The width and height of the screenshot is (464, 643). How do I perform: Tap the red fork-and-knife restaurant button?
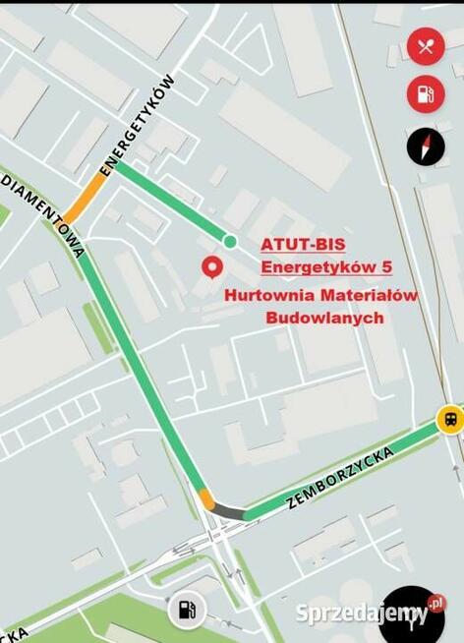click(x=426, y=46)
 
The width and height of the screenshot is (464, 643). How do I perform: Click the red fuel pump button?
click(x=426, y=94)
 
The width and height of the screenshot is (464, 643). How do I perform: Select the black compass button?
click(x=426, y=146)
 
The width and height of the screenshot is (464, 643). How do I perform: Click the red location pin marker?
click(x=210, y=266)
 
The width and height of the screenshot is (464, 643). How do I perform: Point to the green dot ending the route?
click(x=230, y=241)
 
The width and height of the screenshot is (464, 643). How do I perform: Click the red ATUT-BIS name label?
click(x=303, y=244)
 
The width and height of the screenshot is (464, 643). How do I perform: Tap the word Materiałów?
click(x=368, y=295)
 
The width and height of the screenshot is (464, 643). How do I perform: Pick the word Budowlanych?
click(x=324, y=318)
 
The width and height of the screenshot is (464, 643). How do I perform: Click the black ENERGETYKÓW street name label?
click(x=138, y=125)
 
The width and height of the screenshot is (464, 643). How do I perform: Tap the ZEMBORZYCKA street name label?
click(x=340, y=477)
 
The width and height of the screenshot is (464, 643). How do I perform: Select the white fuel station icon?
click(x=186, y=611)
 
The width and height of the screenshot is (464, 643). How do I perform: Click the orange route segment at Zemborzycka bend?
click(x=206, y=498)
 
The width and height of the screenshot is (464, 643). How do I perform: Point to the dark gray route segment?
click(x=230, y=511)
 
